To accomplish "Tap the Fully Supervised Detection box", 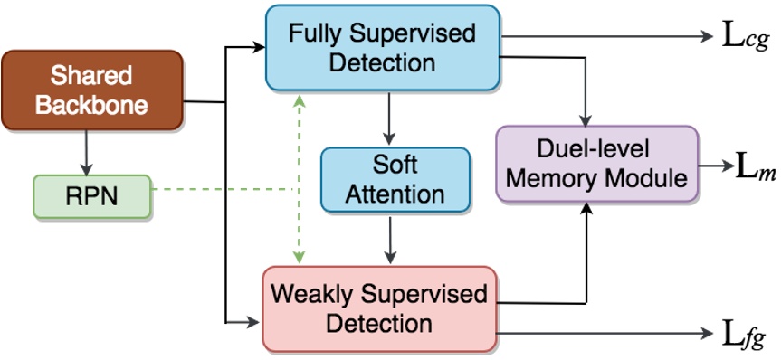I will (382, 49).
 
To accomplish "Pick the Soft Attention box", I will (395, 179).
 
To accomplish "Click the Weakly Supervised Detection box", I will (379, 308).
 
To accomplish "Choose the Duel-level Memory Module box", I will (597, 164).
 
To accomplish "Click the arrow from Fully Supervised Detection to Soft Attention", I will (388, 118).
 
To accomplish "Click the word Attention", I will (395, 194).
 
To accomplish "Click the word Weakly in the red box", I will (313, 294).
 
